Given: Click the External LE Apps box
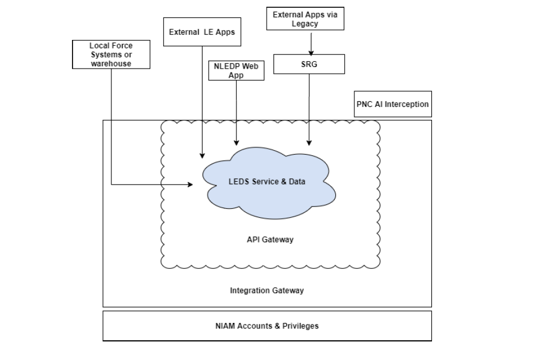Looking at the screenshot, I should tap(202, 32).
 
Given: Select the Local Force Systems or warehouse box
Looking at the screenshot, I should tap(111, 54).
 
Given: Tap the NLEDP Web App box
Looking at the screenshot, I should tap(236, 70).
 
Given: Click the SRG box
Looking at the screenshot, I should tap(309, 64).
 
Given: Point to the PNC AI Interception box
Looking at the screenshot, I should tap(393, 104).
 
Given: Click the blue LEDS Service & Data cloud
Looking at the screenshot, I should tap(271, 182).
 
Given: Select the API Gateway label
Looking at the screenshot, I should tap(270, 240).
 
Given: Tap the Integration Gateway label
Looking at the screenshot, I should tap(267, 291).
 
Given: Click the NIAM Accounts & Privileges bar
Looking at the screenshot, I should tap(267, 326).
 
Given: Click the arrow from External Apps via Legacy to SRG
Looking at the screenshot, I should tap(309, 42).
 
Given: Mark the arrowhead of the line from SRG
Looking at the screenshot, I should tap(309, 143).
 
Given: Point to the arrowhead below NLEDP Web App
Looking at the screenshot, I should tap(236, 143).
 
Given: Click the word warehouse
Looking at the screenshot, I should tap(111, 64).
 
